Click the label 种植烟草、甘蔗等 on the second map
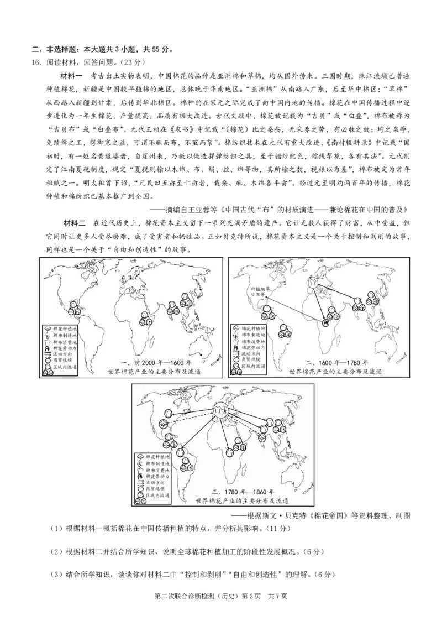click(x=259, y=293)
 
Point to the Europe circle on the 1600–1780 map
click(x=314, y=285)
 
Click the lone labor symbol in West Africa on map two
click(x=326, y=322)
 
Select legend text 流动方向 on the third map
click(x=158, y=482)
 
